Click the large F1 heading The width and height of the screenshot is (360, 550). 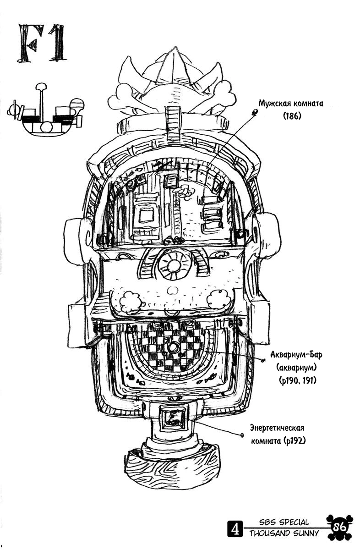(42, 43)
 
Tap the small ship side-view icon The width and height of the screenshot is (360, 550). (46, 110)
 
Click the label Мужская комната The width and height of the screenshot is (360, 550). (291, 104)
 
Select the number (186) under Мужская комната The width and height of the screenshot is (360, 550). (292, 115)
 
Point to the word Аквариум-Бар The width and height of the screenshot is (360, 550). (296, 355)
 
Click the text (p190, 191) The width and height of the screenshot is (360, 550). (297, 380)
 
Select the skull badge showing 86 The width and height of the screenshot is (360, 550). (340, 527)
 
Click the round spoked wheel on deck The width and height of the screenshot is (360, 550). (174, 264)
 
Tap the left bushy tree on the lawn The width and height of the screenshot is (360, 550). (131, 301)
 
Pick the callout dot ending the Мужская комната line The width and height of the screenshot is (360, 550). (255, 113)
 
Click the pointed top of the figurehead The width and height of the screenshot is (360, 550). (175, 47)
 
